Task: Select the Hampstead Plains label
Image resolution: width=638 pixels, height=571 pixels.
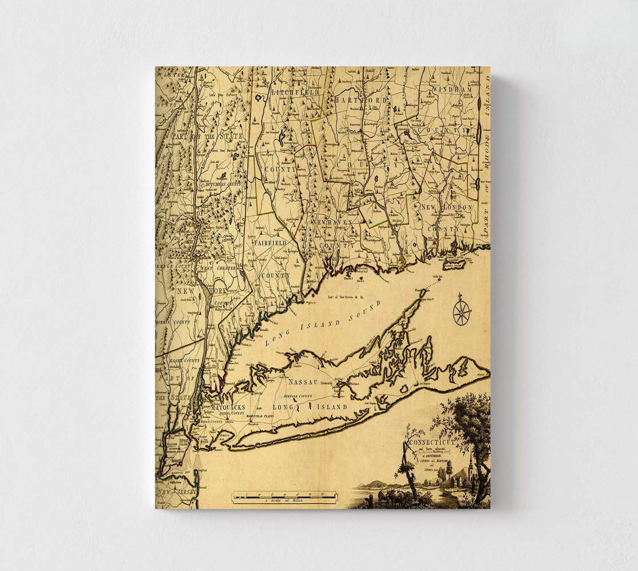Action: (258, 416)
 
